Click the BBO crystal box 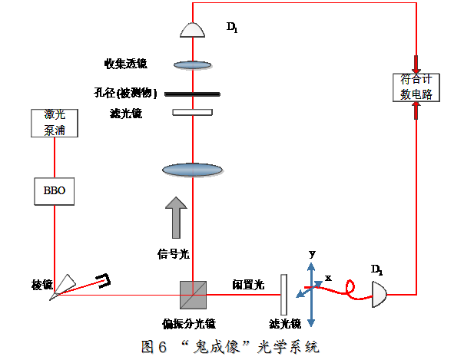[55, 191]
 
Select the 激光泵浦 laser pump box [55, 123]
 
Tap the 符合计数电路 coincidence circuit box [416, 87]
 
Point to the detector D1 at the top [192, 30]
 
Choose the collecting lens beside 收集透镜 [192, 65]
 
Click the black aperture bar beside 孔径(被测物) [192, 94]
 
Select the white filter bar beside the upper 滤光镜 [192, 113]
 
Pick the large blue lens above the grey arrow [192, 170]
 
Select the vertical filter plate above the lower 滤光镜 [283, 294]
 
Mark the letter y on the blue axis [312, 253]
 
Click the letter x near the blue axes [328, 277]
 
